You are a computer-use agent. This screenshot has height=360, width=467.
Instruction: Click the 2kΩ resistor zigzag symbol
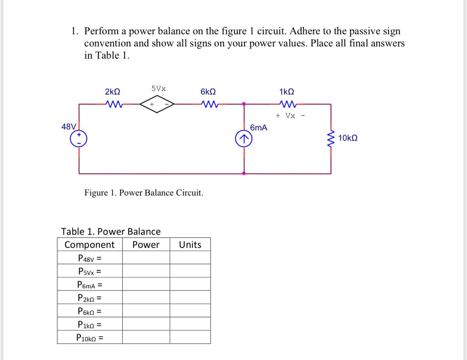coord(113,104)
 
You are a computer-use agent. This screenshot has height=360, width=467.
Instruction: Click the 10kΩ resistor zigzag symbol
coord(331,138)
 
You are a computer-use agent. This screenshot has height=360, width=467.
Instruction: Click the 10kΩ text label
coord(348,138)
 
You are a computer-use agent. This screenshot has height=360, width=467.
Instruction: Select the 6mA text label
coord(259,128)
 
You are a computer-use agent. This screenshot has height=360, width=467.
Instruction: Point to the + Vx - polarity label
coord(290,115)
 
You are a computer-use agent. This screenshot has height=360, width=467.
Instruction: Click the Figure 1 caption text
coord(144,193)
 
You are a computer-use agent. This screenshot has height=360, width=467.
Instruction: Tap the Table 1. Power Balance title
coord(111,231)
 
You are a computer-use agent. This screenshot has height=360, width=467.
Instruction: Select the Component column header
coord(89,245)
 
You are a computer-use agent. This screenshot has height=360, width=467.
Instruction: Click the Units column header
coord(190,245)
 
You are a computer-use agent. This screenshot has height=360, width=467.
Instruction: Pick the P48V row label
coord(89,258)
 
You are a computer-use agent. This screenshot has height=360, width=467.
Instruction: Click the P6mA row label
coord(89,285)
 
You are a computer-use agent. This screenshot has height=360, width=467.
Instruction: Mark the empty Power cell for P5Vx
coord(146,271)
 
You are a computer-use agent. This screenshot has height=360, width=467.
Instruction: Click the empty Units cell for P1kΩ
coord(190,325)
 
